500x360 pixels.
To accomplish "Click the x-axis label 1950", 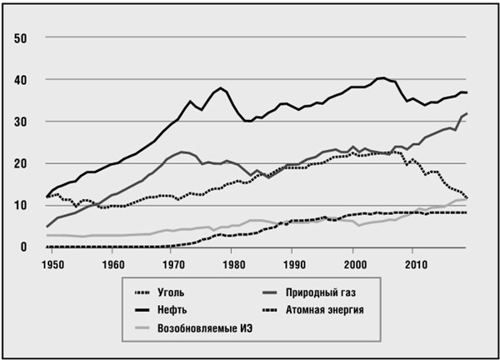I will pyautogui.click(x=51, y=265).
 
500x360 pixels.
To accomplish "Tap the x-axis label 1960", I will pyautogui.click(x=112, y=265).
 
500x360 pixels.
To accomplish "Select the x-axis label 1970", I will pyautogui.click(x=173, y=265).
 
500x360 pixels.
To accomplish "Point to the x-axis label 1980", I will pyautogui.click(x=234, y=265).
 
